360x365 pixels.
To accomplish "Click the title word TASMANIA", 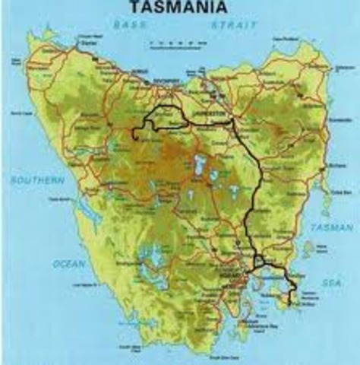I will pos(179,8).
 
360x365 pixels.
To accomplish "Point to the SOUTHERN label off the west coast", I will pos(37,180).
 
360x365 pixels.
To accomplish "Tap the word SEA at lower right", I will pos(331,281).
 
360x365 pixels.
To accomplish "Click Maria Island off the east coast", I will pos(308,248).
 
